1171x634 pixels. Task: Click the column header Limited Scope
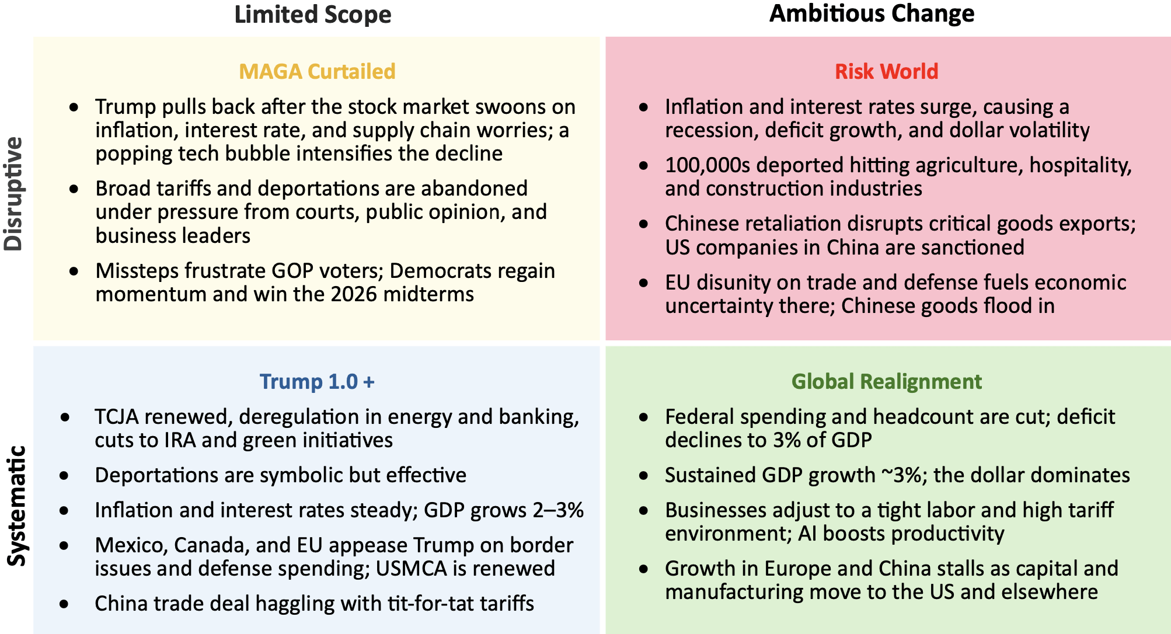(313, 15)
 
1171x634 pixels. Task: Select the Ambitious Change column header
(872, 13)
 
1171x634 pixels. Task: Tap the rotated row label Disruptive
(13, 194)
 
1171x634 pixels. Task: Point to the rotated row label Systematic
(16, 506)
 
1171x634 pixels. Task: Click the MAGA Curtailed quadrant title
(317, 71)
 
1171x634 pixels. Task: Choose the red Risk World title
(886, 71)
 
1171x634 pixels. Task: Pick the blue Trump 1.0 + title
(317, 381)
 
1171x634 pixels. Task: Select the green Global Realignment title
(886, 381)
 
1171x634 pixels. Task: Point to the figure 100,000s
(707, 165)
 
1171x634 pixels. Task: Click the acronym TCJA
(117, 417)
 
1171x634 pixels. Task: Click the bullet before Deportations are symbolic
(64, 476)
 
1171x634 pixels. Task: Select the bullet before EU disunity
(643, 283)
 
